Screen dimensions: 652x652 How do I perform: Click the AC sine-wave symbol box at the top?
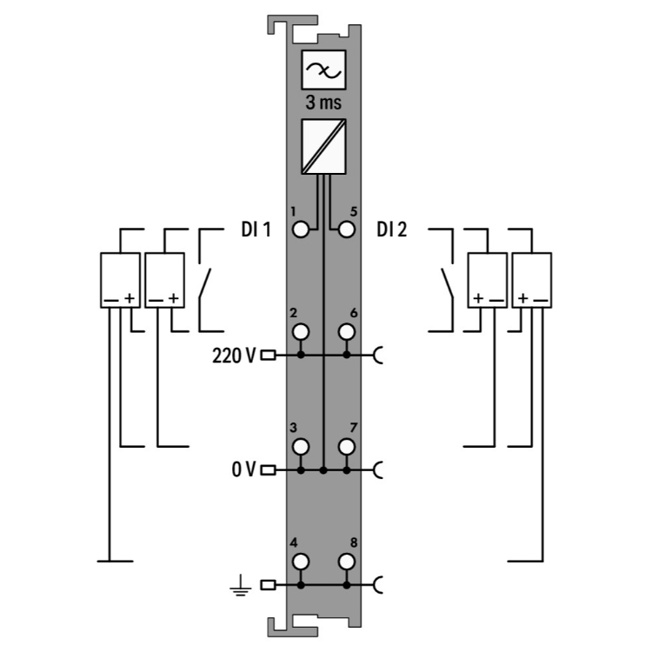[x=323, y=70]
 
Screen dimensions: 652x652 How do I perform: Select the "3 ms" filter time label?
[x=323, y=102]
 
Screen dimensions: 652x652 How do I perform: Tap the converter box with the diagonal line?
[x=323, y=146]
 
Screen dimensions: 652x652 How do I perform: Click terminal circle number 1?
[x=301, y=230]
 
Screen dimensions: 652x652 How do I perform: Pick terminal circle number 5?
[x=347, y=230]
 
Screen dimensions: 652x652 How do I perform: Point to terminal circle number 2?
[x=301, y=331]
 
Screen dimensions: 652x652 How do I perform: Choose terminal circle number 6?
[x=347, y=331]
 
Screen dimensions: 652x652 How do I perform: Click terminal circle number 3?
[x=301, y=447]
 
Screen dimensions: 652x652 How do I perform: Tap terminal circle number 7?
[x=347, y=447]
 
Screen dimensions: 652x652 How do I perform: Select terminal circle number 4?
[x=301, y=562]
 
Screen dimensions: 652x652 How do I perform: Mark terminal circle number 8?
[x=347, y=562]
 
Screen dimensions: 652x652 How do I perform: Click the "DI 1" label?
[x=256, y=230]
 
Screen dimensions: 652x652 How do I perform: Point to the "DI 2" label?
[x=393, y=230]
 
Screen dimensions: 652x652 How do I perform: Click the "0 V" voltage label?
[x=243, y=470]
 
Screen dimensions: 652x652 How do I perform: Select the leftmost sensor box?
[x=119, y=279]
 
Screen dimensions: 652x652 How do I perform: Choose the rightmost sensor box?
[x=532, y=279]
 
